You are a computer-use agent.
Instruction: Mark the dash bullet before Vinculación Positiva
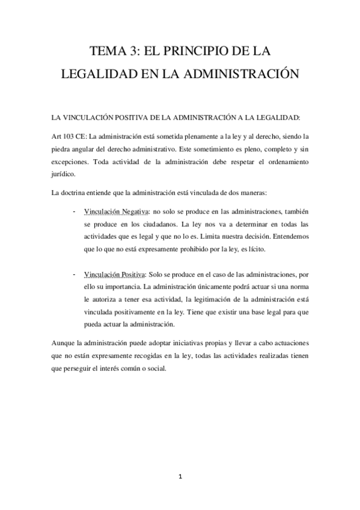[73, 274]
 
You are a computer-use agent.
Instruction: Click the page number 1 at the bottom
[180, 478]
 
